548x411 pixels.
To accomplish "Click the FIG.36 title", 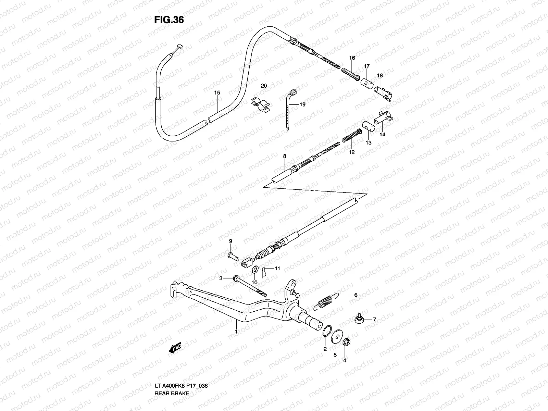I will point(169,20).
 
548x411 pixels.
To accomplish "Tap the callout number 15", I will point(217,93).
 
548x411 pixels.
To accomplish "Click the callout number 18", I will point(380,76).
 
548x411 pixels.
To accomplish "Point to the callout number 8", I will point(284,156).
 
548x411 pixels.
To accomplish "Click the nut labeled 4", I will point(345,341).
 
